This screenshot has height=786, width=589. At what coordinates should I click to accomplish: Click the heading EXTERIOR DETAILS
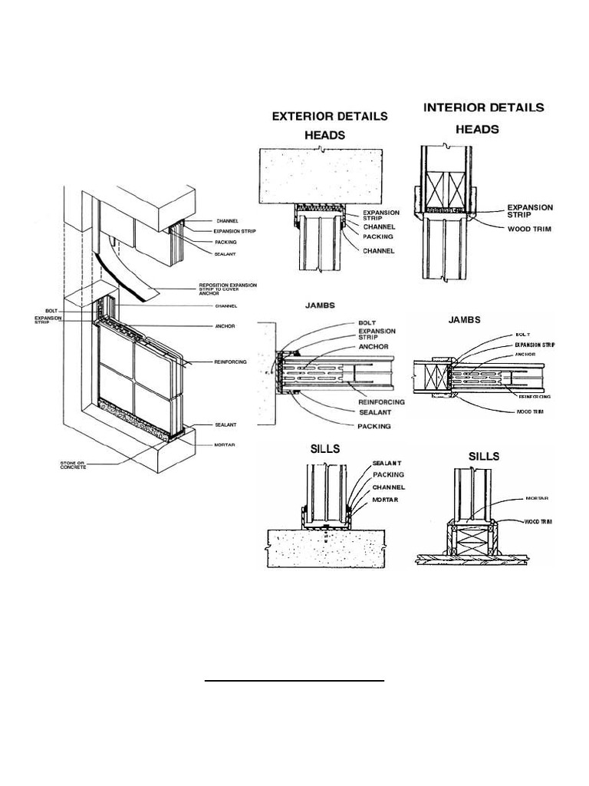331,117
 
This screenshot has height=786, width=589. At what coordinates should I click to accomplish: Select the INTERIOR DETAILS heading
483,107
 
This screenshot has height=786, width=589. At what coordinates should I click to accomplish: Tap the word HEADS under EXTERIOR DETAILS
327,134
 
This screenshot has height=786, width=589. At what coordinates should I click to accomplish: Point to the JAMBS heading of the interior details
464,320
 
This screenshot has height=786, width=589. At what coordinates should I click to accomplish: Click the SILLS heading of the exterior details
325,449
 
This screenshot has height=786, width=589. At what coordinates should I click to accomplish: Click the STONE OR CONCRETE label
74,465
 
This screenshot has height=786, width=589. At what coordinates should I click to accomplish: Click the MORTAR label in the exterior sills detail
387,499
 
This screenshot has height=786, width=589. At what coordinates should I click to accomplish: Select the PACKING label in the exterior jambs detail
373,425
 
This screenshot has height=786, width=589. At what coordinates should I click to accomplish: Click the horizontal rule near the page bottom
295,680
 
